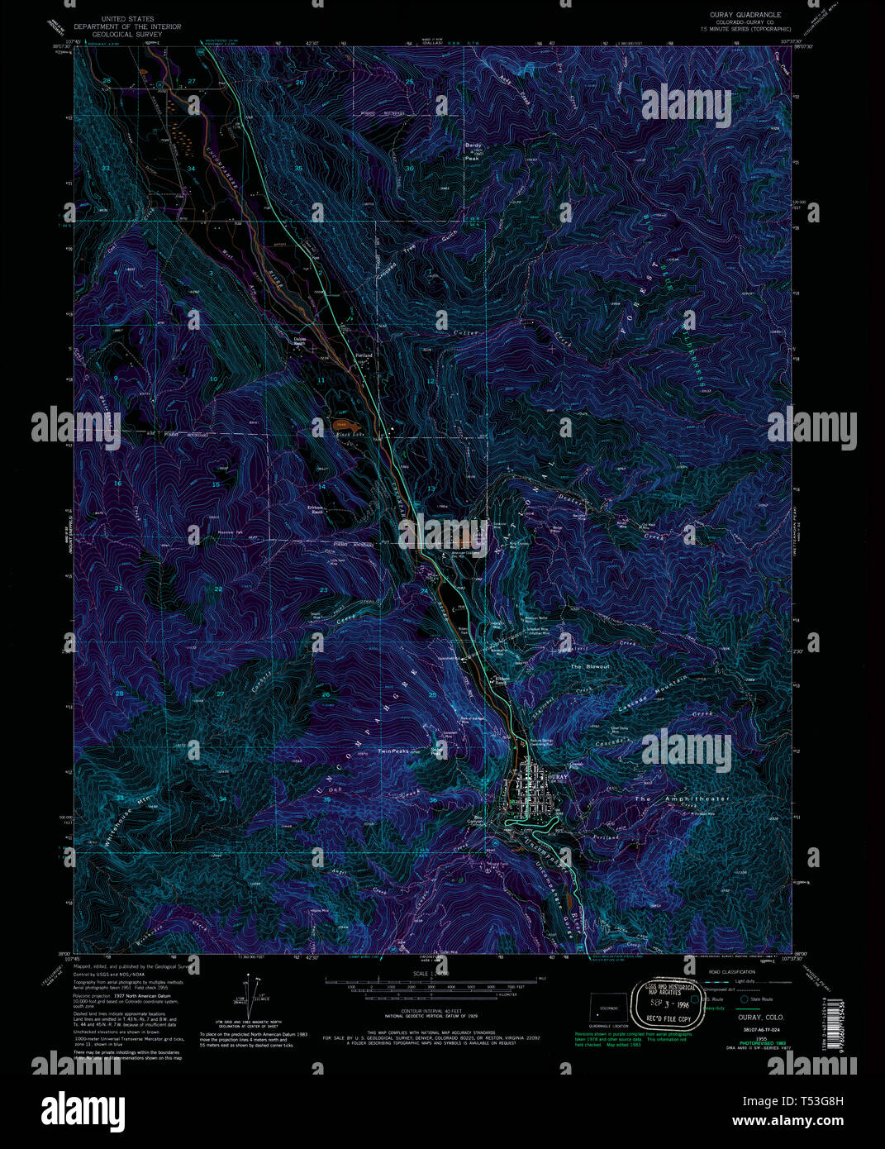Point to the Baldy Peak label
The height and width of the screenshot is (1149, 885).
click(x=473, y=148)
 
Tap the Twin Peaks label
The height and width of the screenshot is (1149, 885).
click(x=393, y=751)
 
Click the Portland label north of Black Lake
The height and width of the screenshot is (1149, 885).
click(x=364, y=355)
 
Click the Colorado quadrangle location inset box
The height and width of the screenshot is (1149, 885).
click(x=607, y=1010)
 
